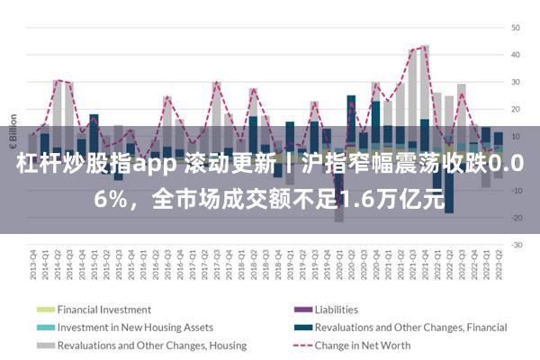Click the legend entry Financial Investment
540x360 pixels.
(104, 310)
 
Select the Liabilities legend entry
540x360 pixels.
(337, 310)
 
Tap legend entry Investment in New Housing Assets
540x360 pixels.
(135, 328)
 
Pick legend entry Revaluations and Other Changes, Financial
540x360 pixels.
(411, 328)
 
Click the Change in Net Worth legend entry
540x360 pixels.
(363, 346)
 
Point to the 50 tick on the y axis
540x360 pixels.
(517, 27)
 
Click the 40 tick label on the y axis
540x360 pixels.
(517, 54)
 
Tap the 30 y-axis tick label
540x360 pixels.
(517, 82)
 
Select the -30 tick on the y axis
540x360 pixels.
(517, 245)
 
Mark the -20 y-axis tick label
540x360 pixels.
(517, 218)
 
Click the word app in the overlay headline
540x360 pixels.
(158, 166)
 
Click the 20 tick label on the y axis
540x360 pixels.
(517, 109)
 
